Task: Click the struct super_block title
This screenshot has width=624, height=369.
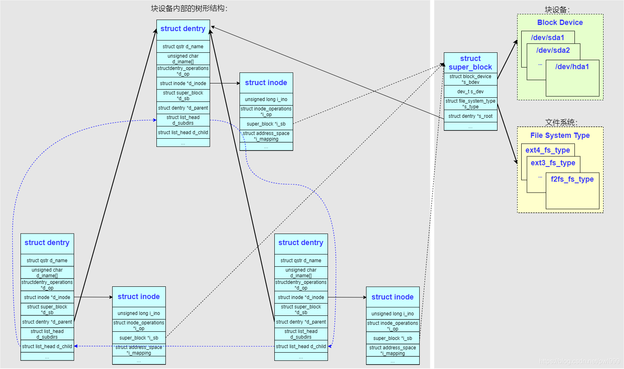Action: coord(470,63)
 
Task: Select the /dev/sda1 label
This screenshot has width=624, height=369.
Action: coord(547,38)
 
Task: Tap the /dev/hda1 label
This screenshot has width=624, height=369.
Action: coord(572,67)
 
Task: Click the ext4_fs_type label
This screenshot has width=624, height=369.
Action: coord(547,150)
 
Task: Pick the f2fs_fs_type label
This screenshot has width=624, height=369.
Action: coord(572,179)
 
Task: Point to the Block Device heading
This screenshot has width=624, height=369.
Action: coord(560,22)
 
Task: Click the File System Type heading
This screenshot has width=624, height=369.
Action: coord(560,135)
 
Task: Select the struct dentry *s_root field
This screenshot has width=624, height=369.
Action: coord(470,116)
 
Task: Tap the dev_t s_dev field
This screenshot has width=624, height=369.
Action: coord(470,92)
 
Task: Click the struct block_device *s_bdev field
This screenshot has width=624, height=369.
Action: coord(470,79)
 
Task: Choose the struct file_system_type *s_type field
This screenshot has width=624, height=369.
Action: coord(470,104)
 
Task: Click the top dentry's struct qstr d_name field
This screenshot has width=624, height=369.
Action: coord(183,47)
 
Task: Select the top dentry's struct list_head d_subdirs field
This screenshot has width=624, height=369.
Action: coord(183,120)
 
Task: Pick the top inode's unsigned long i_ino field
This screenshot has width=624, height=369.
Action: coord(266,99)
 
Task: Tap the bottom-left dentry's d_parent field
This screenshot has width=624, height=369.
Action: coord(47,322)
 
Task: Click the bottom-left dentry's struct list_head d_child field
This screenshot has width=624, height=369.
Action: coord(47,346)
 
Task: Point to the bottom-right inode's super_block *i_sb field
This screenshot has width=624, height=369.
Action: coord(393,338)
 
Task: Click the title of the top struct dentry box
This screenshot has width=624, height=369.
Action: coord(183,29)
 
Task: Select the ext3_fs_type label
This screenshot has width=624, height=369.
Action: coord(553,163)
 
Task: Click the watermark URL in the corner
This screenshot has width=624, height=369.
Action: coord(579,361)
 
